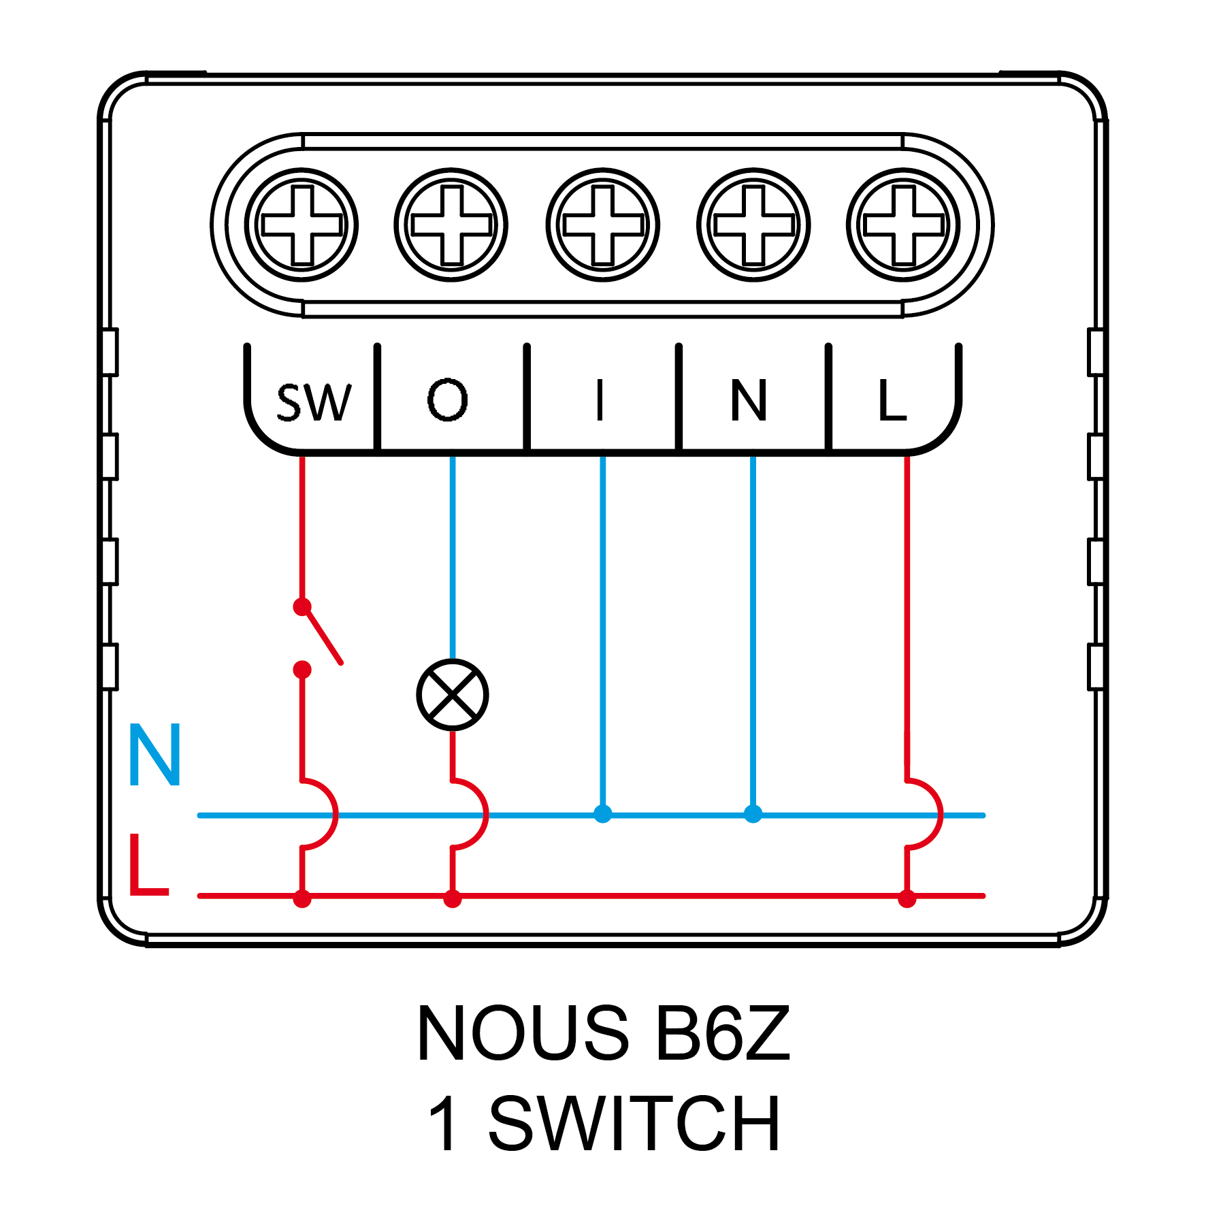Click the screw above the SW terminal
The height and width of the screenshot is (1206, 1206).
click(x=301, y=225)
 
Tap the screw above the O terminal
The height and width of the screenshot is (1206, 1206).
click(x=451, y=225)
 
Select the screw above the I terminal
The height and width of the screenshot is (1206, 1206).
click(x=602, y=225)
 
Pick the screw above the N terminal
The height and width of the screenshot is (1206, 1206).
click(x=753, y=225)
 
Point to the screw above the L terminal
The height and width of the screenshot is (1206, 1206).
click(x=903, y=225)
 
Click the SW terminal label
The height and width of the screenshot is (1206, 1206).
click(x=314, y=402)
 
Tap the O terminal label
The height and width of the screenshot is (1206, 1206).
click(x=448, y=400)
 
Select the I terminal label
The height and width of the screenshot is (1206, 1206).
click(x=600, y=400)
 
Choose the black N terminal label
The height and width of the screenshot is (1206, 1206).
click(x=749, y=400)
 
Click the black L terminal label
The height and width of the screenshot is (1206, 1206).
click(x=892, y=400)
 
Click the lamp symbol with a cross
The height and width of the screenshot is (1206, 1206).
click(x=453, y=695)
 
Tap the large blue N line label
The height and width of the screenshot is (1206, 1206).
click(x=155, y=755)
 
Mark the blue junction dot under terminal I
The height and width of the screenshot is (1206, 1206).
click(x=602, y=814)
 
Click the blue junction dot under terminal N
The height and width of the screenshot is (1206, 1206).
click(x=753, y=814)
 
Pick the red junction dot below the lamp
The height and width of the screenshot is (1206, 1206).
click(x=453, y=899)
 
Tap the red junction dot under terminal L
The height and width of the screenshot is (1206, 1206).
click(x=907, y=899)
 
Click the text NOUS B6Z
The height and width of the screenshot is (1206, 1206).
click(x=603, y=1033)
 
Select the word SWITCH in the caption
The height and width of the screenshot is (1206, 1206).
click(x=634, y=1124)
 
